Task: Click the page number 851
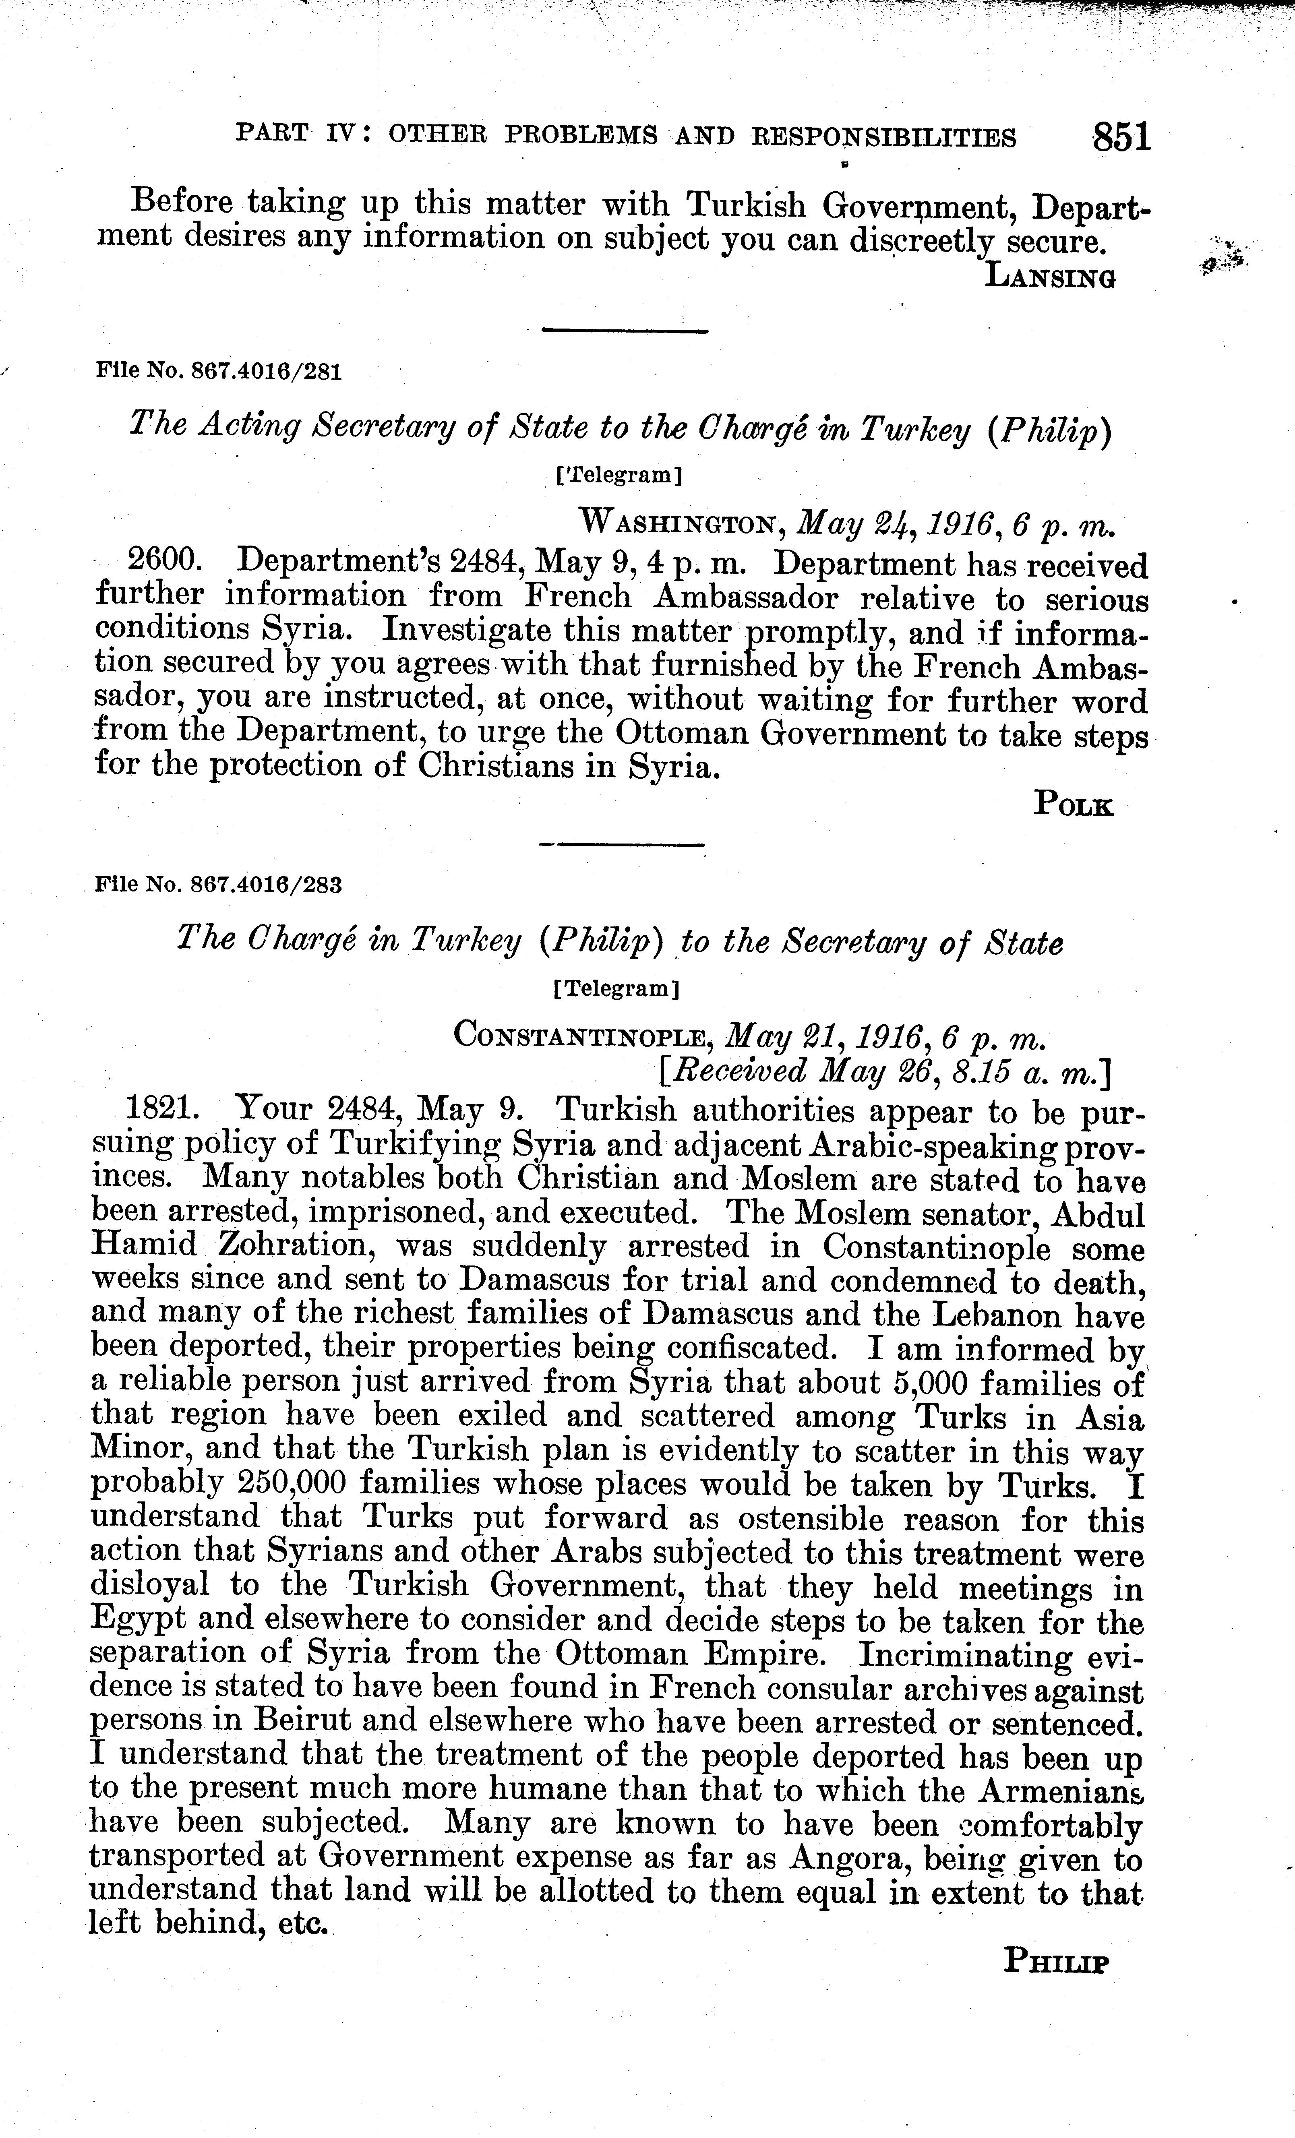1121,137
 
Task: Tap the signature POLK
1073,804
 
